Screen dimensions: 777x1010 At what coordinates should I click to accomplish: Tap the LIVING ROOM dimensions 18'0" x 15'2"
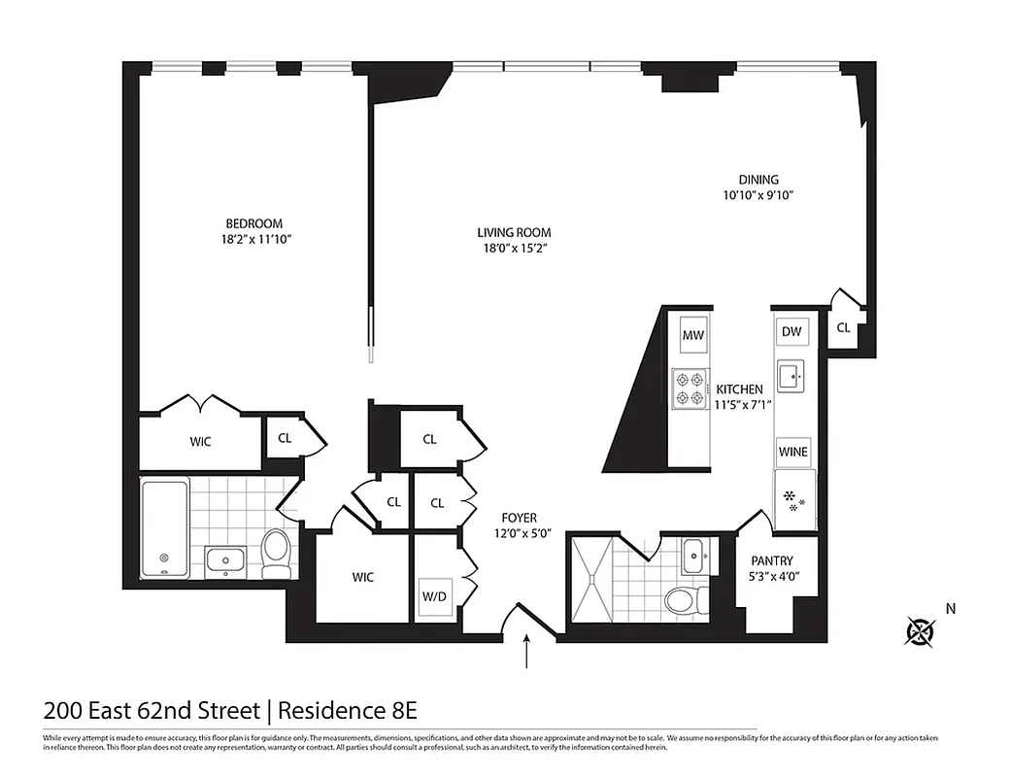[x=514, y=249]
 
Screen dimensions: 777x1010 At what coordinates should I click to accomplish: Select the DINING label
[x=758, y=179]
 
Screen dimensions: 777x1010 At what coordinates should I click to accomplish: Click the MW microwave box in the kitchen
[x=692, y=336]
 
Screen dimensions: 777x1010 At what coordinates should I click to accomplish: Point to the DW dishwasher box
[x=791, y=331]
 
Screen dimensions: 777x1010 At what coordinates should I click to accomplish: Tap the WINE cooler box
[x=792, y=452]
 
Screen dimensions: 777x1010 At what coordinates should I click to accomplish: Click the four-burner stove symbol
[x=690, y=388]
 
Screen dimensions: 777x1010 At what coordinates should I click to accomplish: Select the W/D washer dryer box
[x=432, y=596]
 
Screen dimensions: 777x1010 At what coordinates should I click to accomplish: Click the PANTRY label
[x=772, y=560]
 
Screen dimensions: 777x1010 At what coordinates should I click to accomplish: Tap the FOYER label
[x=519, y=518]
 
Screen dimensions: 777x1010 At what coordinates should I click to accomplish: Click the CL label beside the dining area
[x=843, y=328]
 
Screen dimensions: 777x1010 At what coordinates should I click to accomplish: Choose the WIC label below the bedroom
[x=200, y=442]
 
